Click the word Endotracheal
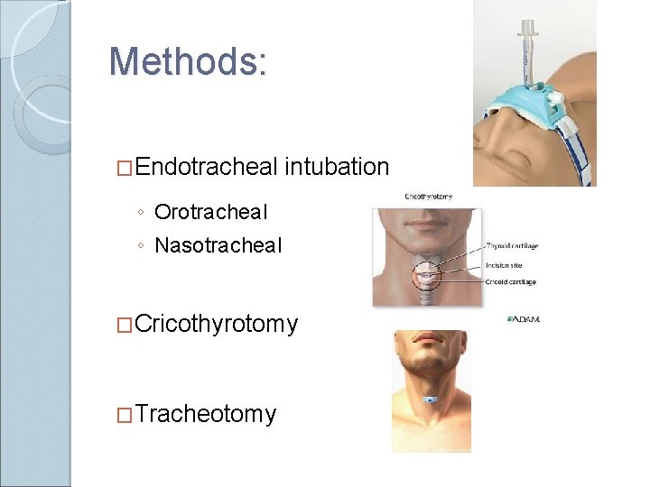click(209, 167)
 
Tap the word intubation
click(337, 167)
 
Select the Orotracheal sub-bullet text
click(211, 212)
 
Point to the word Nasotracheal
click(218, 245)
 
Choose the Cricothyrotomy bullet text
click(217, 324)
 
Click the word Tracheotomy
click(207, 414)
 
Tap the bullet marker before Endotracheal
click(126, 168)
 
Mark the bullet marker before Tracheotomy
click(126, 415)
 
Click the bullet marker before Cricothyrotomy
click(126, 325)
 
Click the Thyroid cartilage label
click(514, 246)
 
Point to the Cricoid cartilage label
click(512, 282)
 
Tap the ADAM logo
click(524, 318)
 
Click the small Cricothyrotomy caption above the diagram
click(429, 196)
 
